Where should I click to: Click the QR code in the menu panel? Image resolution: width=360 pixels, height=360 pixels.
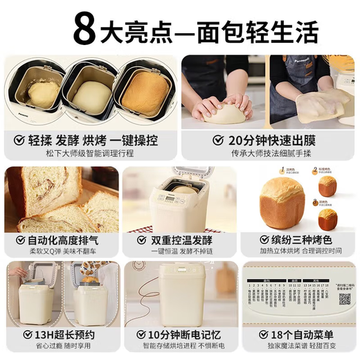[343, 299]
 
